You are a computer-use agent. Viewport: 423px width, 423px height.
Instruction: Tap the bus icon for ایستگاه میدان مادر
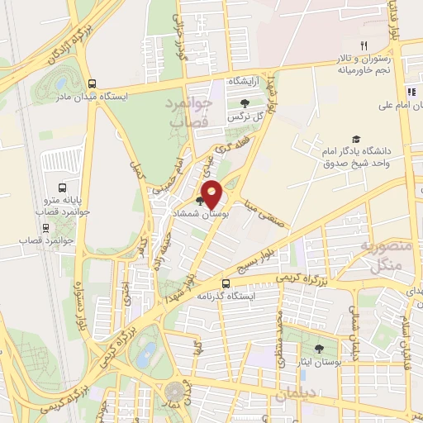click(x=91, y=83)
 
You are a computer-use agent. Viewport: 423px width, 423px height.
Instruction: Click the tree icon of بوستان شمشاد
click(x=200, y=200)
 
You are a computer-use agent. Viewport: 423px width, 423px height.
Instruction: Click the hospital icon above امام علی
click(x=410, y=92)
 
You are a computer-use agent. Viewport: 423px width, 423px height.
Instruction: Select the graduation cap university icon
click(x=356, y=139)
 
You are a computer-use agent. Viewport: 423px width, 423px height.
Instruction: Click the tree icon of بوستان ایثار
click(x=319, y=349)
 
